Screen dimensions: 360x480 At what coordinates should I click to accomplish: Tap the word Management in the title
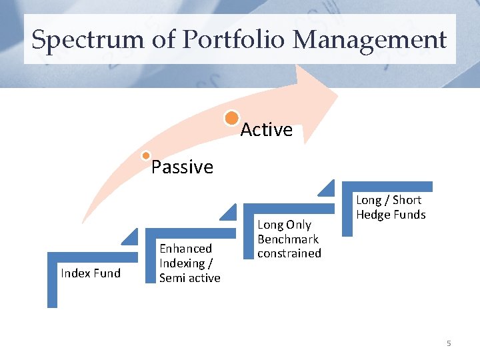(369, 40)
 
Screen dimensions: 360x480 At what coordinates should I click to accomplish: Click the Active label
(266, 130)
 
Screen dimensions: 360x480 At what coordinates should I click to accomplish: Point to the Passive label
(182, 167)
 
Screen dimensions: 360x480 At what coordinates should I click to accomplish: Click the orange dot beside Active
(231, 119)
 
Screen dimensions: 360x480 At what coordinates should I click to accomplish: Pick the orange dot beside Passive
(147, 156)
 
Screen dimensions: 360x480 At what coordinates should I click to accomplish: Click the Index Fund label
(91, 273)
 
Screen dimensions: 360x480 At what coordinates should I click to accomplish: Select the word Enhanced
(185, 249)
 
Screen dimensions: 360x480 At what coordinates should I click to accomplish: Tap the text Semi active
(189, 278)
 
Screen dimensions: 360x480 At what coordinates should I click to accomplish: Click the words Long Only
(284, 225)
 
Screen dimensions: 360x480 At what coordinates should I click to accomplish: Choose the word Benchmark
(288, 239)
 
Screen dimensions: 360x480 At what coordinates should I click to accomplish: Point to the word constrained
(289, 253)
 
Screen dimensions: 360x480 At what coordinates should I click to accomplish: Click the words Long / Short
(389, 200)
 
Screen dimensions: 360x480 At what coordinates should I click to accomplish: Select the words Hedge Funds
(391, 214)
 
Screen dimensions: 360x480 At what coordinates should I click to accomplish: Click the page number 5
(449, 343)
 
